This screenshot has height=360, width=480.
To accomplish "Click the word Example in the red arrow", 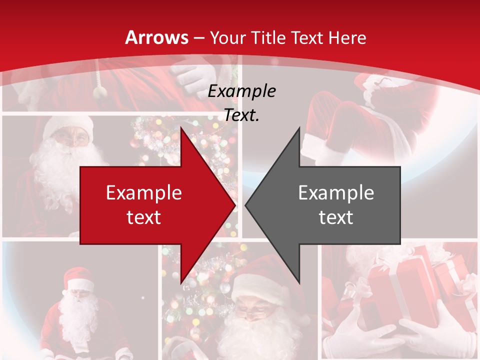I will tap(144, 193).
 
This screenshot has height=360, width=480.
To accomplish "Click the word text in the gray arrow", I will tap(336, 217).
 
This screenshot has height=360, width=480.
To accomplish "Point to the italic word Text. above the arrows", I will tap(242, 115).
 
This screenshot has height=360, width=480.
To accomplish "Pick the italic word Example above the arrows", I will tap(242, 91).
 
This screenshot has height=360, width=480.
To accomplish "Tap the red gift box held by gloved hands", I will tap(395, 290).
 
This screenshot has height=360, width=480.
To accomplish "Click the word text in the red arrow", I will tap(144, 217).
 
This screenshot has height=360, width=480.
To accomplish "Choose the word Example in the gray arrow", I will tap(336, 193).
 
